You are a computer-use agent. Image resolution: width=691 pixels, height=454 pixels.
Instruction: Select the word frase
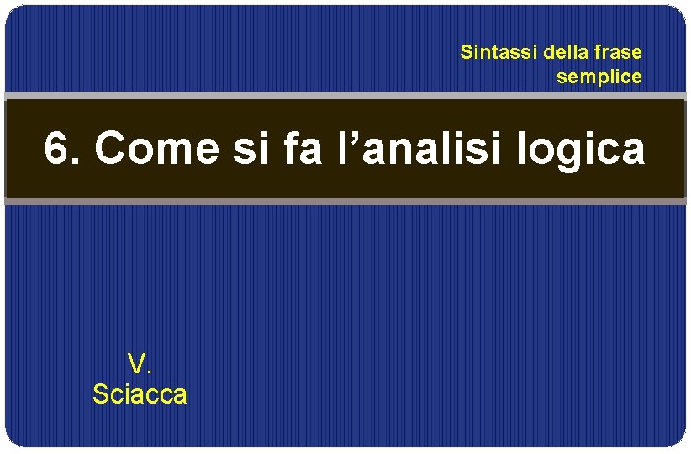pos(618,52)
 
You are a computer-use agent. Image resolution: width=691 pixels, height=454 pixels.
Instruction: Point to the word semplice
pos(599,77)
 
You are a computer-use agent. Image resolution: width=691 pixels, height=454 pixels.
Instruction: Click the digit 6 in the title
pos(55,150)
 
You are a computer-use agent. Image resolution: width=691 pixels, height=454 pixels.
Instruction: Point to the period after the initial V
pos(149,372)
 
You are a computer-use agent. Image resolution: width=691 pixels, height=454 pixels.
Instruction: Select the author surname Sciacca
pos(140,393)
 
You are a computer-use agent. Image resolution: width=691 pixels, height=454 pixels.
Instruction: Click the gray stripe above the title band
pos(345,96)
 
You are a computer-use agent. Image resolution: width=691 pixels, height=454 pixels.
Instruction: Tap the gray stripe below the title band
pos(345,201)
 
